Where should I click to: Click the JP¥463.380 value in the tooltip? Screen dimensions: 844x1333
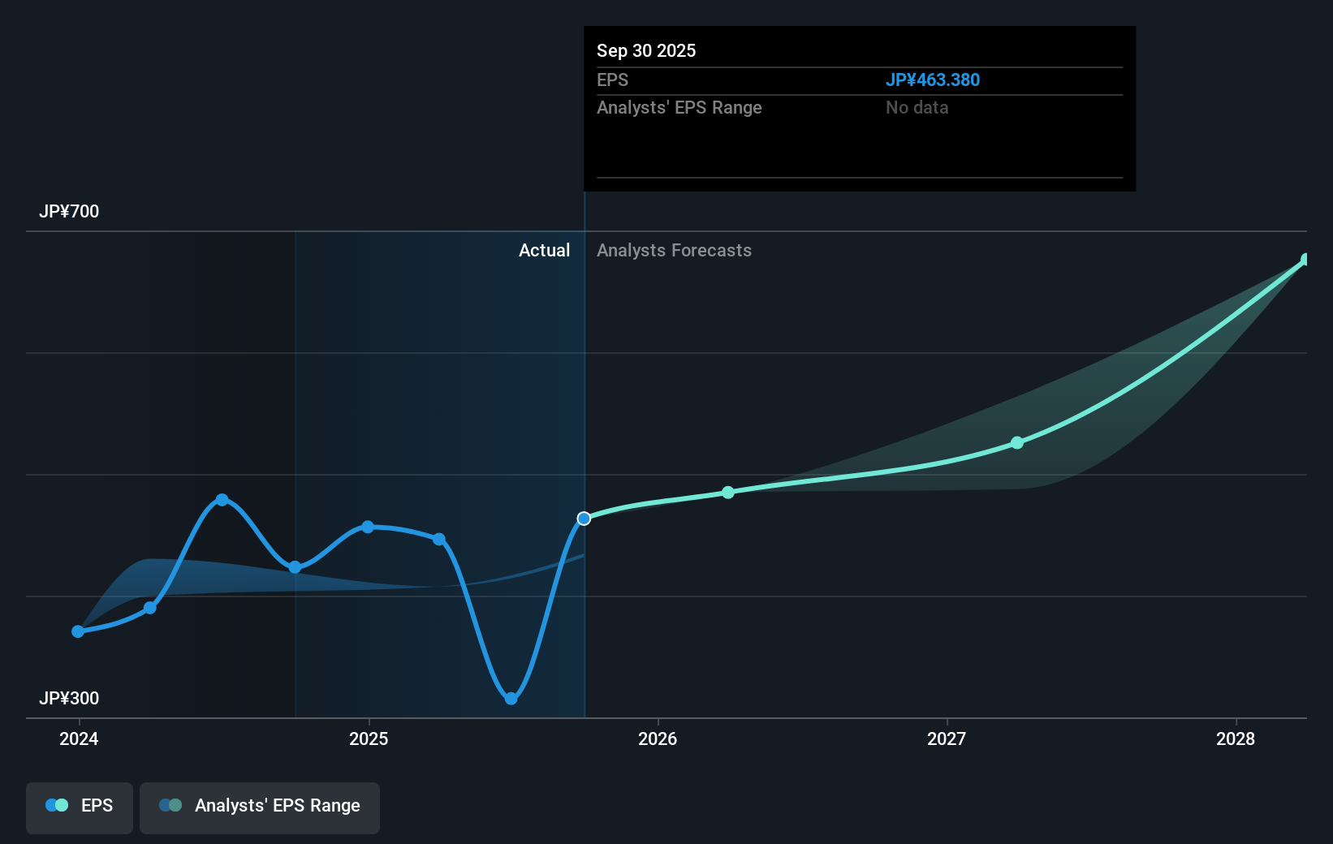(x=932, y=80)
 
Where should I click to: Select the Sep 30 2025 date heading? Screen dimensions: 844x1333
(x=646, y=51)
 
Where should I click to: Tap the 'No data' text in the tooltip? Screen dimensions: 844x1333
(x=917, y=108)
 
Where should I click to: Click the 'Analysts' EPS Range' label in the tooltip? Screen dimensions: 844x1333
(x=679, y=108)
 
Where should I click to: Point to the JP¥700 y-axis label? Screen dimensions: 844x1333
(x=69, y=212)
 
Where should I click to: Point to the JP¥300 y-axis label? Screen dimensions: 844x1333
(x=69, y=699)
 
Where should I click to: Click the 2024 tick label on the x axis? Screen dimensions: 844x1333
(x=79, y=739)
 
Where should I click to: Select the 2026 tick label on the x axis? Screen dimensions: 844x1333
(x=658, y=739)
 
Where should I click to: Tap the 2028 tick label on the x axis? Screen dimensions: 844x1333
(x=1235, y=739)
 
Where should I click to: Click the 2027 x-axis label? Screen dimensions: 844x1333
(x=947, y=739)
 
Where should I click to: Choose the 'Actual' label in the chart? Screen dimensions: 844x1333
(x=544, y=251)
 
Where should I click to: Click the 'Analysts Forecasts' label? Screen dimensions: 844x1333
(x=674, y=251)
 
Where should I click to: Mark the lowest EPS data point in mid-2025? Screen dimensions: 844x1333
(x=511, y=699)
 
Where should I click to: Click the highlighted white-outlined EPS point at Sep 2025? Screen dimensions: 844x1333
(x=584, y=519)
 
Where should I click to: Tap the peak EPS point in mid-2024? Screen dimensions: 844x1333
(x=222, y=500)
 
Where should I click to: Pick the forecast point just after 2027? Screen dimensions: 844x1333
(x=1017, y=443)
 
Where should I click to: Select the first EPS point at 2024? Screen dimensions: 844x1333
(x=78, y=631)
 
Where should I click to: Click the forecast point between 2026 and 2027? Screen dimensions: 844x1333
(x=728, y=493)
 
